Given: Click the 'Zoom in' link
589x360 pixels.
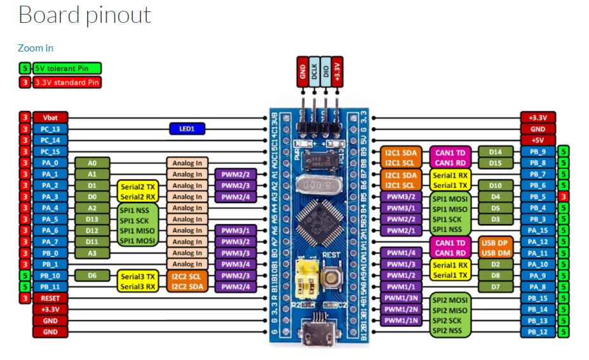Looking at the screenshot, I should click(x=36, y=48).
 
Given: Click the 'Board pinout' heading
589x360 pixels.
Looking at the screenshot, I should click(x=85, y=15).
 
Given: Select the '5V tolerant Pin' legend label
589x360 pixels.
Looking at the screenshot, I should click(x=67, y=68).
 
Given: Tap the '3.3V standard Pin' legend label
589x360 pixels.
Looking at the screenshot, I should click(x=67, y=82).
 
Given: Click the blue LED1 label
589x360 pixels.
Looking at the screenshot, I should click(x=187, y=129).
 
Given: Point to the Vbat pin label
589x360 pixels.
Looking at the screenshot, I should click(x=50, y=117).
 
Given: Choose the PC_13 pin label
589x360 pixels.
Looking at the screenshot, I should click(x=50, y=129).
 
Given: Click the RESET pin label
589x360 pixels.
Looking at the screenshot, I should click(x=50, y=297).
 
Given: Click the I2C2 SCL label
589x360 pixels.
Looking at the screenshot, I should click(x=187, y=276).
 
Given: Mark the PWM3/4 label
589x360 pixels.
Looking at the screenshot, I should click(x=236, y=264).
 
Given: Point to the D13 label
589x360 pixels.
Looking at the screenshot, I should click(x=93, y=219).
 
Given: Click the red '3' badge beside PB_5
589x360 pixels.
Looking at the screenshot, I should click(x=562, y=197).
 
